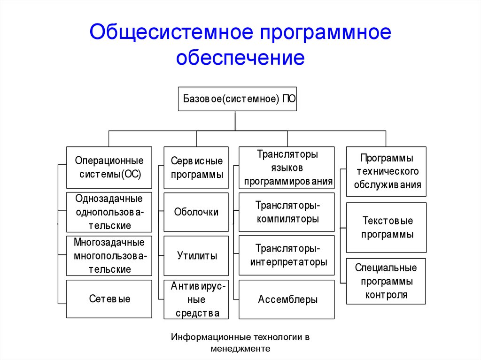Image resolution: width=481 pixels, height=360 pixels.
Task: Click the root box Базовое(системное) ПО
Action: pos(237,99)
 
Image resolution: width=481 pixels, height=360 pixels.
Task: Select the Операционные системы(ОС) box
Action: pos(109,168)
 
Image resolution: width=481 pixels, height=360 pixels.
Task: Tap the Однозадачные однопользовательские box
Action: pos(109,212)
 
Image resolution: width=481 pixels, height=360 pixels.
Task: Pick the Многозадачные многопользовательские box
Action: pos(109,256)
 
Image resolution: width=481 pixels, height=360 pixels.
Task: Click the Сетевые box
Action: pos(109,299)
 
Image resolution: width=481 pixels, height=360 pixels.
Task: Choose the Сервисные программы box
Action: pos(196,168)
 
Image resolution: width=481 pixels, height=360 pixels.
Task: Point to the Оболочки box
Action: pos(196,212)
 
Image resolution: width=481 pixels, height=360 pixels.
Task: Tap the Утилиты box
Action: pos(196,256)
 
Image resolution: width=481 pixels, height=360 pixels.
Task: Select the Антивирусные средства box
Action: pos(196,299)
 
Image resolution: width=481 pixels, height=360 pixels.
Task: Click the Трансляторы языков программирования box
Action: pos(287,168)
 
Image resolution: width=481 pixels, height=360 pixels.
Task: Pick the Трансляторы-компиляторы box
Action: pos(287,212)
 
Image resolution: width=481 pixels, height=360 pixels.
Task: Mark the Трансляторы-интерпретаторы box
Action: pos(287,255)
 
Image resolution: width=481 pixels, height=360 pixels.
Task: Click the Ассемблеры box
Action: pos(287,299)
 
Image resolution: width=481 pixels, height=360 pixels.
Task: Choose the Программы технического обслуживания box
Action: pos(386,171)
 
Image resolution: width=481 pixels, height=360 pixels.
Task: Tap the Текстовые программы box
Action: pos(386,228)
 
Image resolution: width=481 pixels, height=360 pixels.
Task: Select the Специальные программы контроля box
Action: pos(386,281)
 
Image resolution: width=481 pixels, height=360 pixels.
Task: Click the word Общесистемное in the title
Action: pos(172,32)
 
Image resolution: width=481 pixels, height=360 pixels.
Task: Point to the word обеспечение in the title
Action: pos(240,57)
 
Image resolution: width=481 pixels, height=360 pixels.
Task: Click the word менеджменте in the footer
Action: pos(240,349)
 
